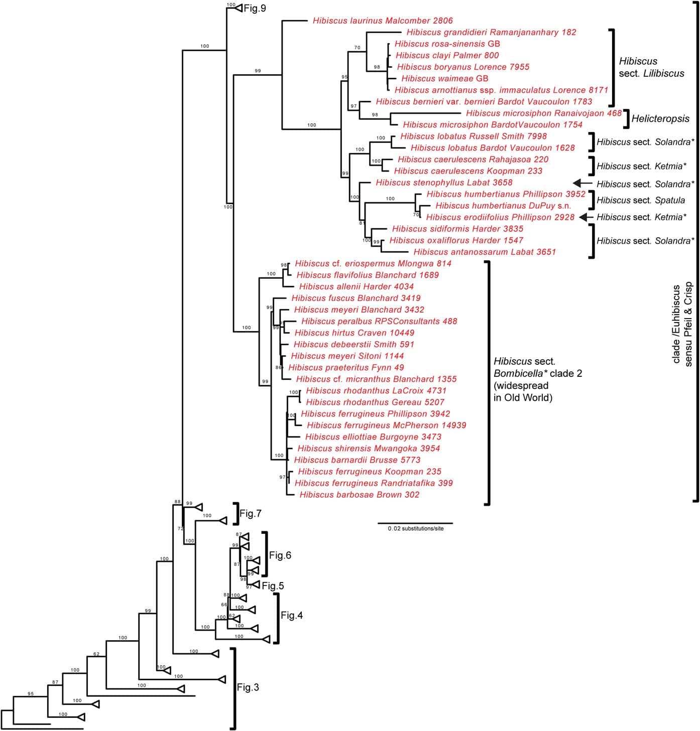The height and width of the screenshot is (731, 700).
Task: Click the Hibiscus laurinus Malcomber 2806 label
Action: click(382, 21)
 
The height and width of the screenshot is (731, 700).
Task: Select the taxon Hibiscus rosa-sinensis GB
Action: click(447, 44)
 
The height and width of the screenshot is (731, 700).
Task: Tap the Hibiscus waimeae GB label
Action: click(444, 78)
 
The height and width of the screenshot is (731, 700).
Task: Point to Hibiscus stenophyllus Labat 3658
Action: click(444, 183)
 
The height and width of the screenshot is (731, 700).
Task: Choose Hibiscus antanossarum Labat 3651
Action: click(485, 252)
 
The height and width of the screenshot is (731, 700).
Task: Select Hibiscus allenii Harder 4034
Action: click(356, 286)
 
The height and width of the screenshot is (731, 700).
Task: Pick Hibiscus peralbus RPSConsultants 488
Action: click(379, 321)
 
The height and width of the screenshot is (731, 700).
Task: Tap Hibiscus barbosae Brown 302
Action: click(359, 495)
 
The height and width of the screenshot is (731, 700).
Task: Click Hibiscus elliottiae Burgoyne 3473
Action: click(373, 437)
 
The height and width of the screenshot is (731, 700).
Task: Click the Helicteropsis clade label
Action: click(660, 119)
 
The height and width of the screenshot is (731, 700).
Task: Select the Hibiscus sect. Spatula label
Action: click(641, 200)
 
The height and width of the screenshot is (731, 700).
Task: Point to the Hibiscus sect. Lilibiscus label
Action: click(651, 67)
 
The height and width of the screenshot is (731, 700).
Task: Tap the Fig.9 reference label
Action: click(255, 9)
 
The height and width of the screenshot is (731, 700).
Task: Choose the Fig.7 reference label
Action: click(250, 513)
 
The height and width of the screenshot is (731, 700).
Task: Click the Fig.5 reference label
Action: click(273, 586)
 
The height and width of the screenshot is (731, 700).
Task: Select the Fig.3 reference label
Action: click(248, 687)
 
